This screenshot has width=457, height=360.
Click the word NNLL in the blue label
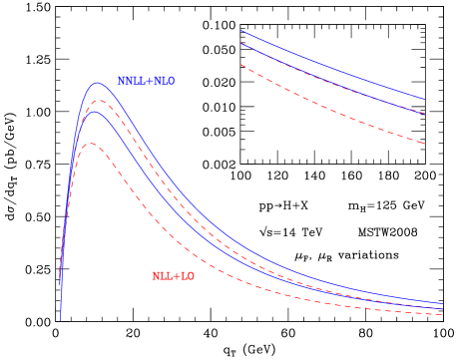click(x=130, y=81)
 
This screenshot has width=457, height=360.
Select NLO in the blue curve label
click(x=163, y=81)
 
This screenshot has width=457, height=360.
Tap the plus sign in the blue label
click(x=147, y=81)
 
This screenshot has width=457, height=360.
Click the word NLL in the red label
click(x=162, y=276)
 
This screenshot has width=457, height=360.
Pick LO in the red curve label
click(x=187, y=276)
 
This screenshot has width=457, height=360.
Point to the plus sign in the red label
click(x=176, y=276)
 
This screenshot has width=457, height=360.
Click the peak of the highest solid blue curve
click(x=97, y=83)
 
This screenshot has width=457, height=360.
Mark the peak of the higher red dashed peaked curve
click(x=96, y=100)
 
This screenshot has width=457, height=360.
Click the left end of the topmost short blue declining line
click(x=240, y=31)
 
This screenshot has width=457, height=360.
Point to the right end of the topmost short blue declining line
click(x=425, y=99)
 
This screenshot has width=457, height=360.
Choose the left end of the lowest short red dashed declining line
click(x=240, y=65)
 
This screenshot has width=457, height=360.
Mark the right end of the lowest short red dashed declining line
click(x=425, y=145)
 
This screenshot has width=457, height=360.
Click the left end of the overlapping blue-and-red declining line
click(x=240, y=44)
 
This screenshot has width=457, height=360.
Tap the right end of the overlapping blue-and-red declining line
click(x=425, y=114)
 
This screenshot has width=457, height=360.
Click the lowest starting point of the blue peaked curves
click(x=61, y=321)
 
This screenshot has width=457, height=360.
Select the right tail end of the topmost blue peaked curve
click(x=443, y=303)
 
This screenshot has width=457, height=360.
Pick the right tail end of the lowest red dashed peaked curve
click(x=443, y=314)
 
